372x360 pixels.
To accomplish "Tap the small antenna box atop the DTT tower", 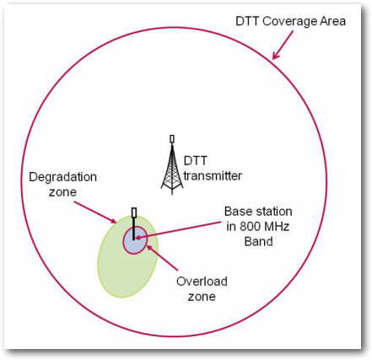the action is [x=172, y=139].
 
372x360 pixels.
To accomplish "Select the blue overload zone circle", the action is [x=135, y=240].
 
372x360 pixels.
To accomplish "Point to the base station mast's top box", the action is [x=134, y=212].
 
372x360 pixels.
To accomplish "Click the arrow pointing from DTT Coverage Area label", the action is [x=283, y=45].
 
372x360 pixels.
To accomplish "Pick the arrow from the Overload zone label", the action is [x=162, y=258].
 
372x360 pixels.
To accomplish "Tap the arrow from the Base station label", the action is [x=178, y=230].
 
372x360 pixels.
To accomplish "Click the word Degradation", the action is [x=63, y=177].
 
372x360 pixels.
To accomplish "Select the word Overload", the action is [x=202, y=282].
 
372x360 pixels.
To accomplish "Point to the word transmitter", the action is [x=213, y=176].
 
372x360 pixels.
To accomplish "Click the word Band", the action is [x=258, y=241].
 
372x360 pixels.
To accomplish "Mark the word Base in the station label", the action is [x=236, y=212].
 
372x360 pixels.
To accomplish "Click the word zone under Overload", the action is [x=202, y=297].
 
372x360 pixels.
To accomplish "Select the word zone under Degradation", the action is [x=62, y=192].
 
